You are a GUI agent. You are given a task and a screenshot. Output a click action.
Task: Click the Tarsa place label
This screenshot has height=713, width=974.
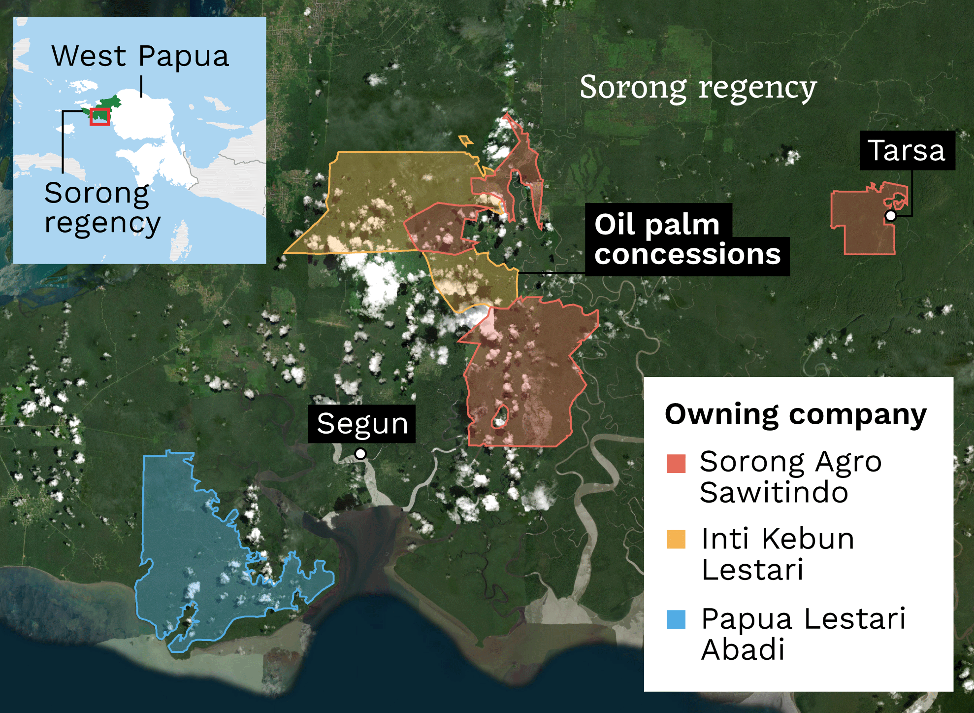click(x=907, y=150)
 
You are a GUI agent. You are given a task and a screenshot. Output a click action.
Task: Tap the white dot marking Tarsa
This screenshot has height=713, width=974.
click(x=890, y=216)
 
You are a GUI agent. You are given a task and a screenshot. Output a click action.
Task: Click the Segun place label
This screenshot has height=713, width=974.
click(x=362, y=424)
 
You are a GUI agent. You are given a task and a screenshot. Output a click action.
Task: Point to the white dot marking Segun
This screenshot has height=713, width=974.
click(x=360, y=453)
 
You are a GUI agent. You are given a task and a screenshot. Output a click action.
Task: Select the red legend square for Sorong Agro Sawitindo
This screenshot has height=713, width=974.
click(x=676, y=463)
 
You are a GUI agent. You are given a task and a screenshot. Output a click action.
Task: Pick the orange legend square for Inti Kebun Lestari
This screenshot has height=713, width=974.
click(x=676, y=539)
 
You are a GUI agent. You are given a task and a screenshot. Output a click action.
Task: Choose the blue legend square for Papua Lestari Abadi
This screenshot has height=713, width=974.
click(x=676, y=619)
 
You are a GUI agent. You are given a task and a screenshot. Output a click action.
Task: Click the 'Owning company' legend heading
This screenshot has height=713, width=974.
click(x=795, y=414)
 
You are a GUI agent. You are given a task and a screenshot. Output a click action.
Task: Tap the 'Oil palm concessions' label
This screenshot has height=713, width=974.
click(x=687, y=239)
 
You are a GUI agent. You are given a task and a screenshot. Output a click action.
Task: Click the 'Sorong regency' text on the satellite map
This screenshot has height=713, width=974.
click(x=698, y=87)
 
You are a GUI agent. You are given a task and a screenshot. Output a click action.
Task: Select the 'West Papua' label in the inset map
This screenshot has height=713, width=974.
click(x=140, y=56)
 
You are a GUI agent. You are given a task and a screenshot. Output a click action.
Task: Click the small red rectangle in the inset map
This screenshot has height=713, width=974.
click(x=99, y=117)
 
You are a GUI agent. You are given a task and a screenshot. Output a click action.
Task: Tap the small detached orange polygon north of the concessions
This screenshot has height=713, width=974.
click(x=465, y=141)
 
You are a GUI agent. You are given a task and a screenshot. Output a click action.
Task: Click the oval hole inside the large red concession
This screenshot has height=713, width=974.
click(x=500, y=417)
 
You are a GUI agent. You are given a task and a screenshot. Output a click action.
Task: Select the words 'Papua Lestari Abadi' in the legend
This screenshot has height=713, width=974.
click(x=803, y=634)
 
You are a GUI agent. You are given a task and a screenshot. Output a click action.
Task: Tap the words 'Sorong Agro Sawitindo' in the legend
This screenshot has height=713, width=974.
click(x=790, y=477)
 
